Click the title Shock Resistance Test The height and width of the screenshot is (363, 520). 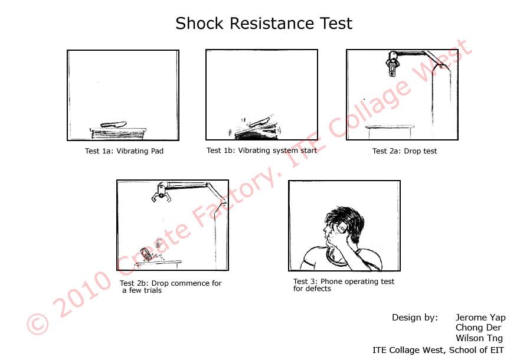pos(264,24)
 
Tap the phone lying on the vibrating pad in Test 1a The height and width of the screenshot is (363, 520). pos(113,125)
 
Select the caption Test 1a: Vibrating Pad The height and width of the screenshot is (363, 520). pos(124,151)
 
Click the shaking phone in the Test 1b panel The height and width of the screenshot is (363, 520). pos(260,122)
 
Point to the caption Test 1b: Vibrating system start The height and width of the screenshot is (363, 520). pos(261,151)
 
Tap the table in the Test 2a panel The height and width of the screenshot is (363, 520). pos(390,131)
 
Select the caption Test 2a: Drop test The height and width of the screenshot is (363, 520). pos(404,151)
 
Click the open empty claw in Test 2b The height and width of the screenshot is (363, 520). pos(161,193)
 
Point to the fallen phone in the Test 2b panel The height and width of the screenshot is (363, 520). pos(145,254)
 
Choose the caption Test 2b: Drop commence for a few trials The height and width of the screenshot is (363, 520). pos(171,287)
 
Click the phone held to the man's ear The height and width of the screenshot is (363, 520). pos(341,228)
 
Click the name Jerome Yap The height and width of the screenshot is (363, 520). pos(480,317)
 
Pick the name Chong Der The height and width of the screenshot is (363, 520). pos(478,328)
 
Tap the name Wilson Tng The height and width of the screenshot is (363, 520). pos(479,338)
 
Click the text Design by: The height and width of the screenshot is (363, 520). pos(415,318)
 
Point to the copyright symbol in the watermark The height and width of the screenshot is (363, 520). pos(37,323)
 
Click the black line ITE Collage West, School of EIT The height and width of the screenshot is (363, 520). pos(438,350)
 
